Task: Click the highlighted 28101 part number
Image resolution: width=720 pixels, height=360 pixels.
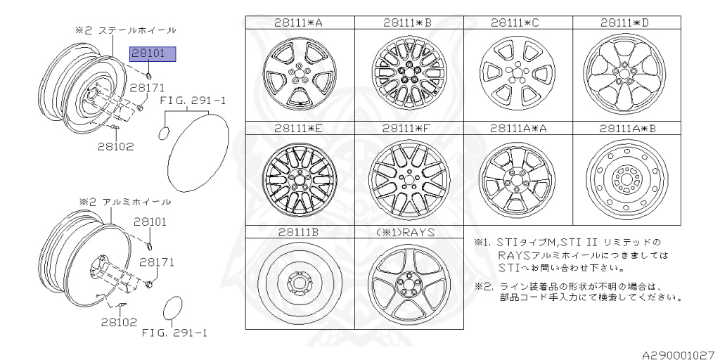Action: pyautogui.click(x=153, y=55)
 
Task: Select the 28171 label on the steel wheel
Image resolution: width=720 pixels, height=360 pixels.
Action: pyautogui.click(x=146, y=88)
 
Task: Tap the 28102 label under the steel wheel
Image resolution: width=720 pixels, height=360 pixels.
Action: pyautogui.click(x=115, y=146)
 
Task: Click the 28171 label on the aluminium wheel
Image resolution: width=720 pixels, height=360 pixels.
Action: pyautogui.click(x=157, y=262)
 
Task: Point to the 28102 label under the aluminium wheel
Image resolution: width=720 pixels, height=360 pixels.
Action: pyautogui.click(x=119, y=322)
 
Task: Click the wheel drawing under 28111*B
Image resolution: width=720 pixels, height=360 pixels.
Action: pyautogui.click(x=409, y=75)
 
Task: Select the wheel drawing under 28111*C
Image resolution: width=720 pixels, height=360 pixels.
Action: pyautogui.click(x=517, y=75)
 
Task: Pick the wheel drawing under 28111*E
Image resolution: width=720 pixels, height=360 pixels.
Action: pyautogui.click(x=300, y=179)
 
